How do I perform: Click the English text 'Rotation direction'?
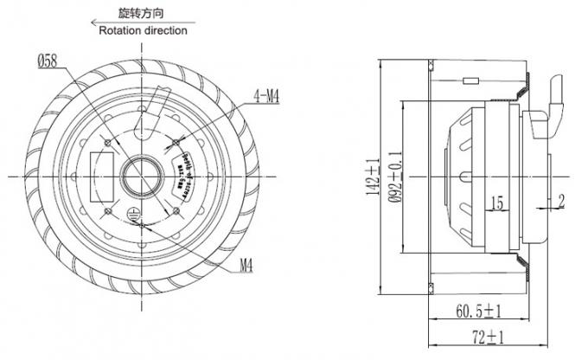click(x=143, y=30)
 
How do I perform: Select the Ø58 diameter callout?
click(x=48, y=61)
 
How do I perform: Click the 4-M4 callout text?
click(x=266, y=97)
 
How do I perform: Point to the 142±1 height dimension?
click(x=373, y=177)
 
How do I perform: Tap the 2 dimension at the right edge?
click(x=560, y=202)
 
